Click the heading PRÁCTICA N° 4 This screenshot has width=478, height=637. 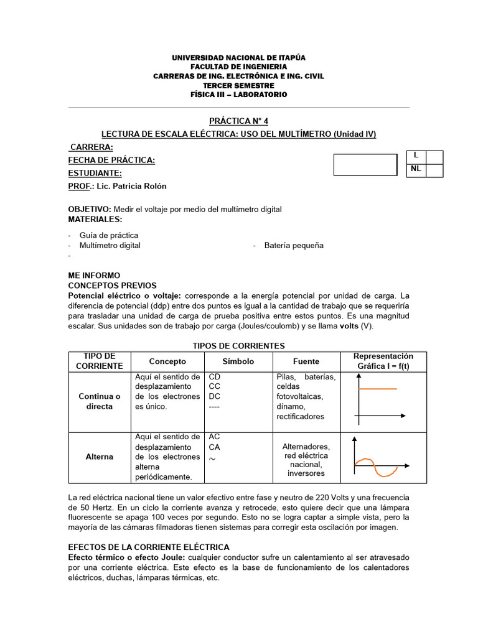click(238, 121)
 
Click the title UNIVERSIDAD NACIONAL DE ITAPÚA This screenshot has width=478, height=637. click(238, 58)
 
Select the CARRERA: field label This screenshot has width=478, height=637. click(91, 147)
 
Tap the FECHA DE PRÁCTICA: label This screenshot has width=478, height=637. click(111, 160)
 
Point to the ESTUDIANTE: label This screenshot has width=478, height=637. click(95, 174)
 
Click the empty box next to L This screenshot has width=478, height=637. click(434, 157)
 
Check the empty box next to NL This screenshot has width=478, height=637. click(434, 170)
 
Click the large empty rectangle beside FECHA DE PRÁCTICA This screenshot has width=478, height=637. click(365, 165)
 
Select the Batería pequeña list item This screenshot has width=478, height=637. click(294, 245)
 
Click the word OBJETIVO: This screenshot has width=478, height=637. click(90, 210)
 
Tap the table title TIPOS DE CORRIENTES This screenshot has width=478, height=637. click(238, 346)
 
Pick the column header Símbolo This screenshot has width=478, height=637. click(238, 361)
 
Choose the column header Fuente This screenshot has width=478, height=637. click(306, 361)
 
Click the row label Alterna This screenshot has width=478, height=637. click(100, 457)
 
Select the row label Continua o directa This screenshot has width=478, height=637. click(100, 401)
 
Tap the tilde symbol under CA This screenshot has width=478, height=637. click(213, 458)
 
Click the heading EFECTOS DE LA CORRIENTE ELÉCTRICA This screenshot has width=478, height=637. click(149, 547)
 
